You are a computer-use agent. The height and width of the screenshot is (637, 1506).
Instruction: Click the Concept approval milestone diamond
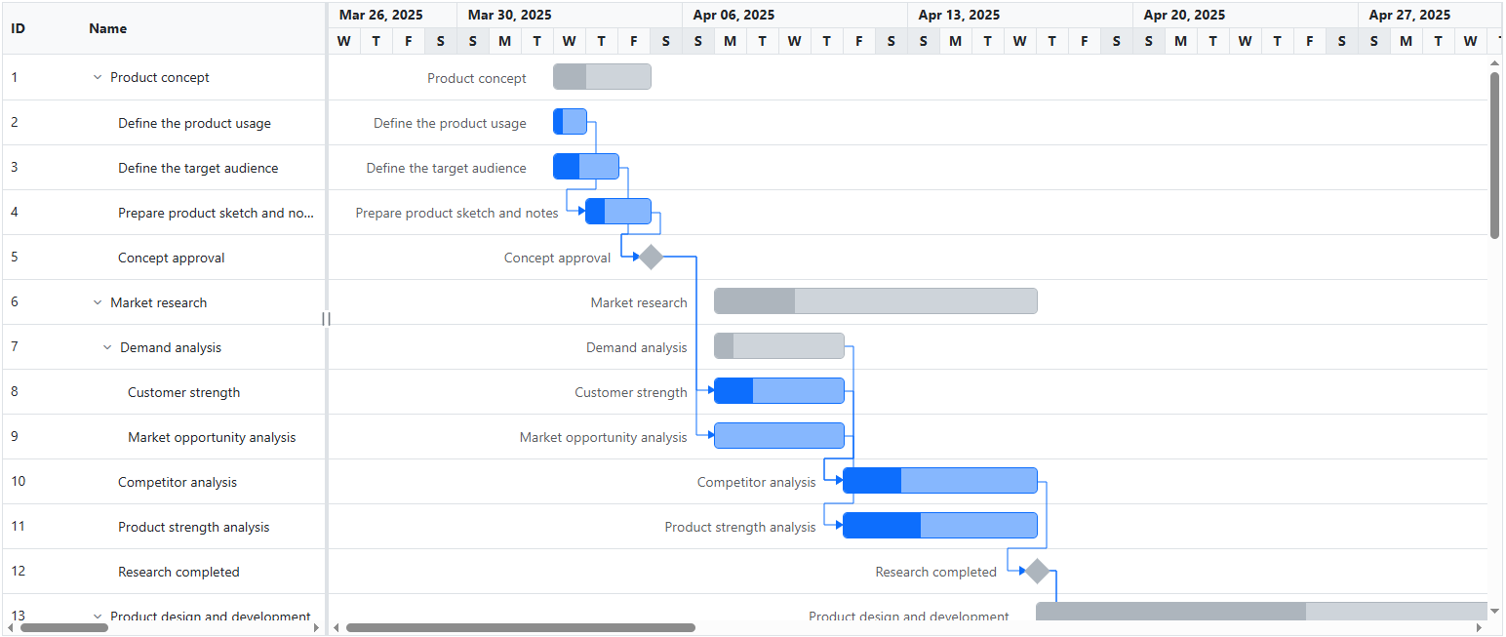[651, 258]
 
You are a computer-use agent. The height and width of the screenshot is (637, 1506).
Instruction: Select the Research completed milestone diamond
[1037, 572]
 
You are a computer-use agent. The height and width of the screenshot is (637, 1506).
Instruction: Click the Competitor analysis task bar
[939, 481]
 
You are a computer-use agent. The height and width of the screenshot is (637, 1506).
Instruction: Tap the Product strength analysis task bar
[939, 526]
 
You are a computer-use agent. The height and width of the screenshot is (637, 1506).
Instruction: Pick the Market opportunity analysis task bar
[778, 436]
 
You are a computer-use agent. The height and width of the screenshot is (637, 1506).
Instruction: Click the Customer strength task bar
[778, 391]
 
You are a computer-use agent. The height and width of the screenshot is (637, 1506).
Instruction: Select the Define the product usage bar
[570, 122]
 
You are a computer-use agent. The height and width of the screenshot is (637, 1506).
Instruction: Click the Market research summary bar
[875, 301]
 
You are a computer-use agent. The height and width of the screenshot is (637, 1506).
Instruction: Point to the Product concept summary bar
[602, 77]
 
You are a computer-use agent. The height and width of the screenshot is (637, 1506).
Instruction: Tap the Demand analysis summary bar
[778, 346]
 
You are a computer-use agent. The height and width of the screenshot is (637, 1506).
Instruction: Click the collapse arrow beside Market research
[98, 302]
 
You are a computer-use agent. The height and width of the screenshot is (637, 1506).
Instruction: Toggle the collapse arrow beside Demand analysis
[107, 347]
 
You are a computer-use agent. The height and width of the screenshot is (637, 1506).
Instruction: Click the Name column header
[108, 28]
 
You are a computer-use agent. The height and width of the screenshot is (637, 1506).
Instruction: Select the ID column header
[19, 28]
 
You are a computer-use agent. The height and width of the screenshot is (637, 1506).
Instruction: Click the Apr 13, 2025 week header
[959, 15]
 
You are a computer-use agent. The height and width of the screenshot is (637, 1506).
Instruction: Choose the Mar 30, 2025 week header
[509, 15]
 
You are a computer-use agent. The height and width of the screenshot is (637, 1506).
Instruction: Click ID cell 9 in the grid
[15, 437]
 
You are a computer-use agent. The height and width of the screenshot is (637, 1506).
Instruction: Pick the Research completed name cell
[178, 572]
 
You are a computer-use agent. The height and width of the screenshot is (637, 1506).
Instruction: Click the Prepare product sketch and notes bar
[618, 212]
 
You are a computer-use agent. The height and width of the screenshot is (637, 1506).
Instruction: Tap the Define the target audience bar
[586, 167]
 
